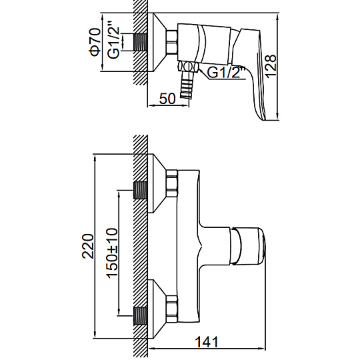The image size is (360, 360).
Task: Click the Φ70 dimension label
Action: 95,42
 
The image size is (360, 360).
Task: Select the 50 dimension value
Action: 167,99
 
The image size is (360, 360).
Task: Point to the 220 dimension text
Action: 89,247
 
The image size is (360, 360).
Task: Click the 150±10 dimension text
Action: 113,253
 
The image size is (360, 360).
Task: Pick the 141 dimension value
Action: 207,342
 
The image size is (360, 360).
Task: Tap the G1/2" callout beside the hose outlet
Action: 226,73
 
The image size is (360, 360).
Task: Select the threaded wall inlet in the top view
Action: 140,42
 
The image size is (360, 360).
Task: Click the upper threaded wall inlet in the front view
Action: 140,191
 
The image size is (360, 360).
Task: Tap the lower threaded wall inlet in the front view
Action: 140,316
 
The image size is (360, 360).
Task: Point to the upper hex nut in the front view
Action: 172,183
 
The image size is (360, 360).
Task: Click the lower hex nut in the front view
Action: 172,309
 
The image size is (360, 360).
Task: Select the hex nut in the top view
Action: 172,42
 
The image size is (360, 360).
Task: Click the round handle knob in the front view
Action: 248,246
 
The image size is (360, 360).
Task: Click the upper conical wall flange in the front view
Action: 157,183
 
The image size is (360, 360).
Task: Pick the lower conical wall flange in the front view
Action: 157,309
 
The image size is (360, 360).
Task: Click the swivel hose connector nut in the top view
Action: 188,67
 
